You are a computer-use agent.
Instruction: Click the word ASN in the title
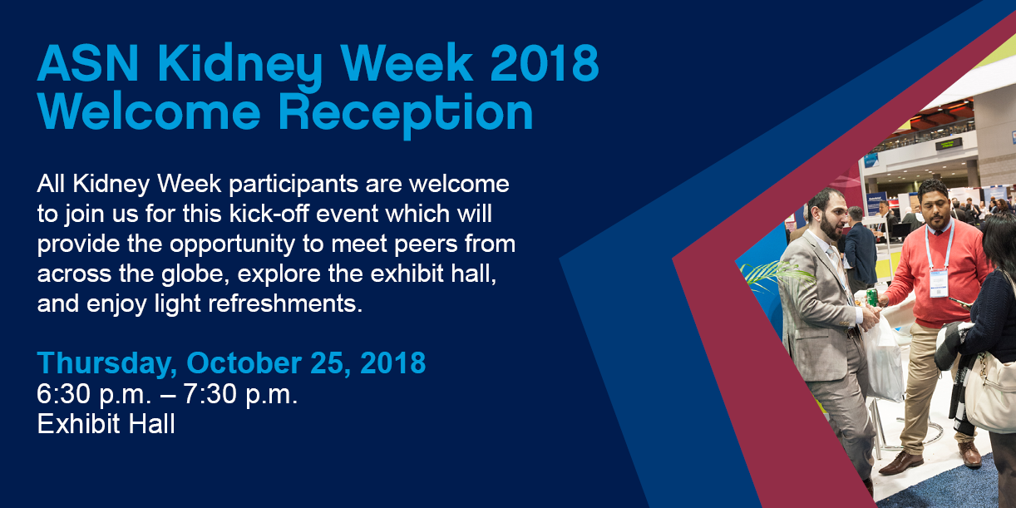[x=88, y=62]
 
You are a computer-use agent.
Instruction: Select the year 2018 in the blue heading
[x=545, y=62]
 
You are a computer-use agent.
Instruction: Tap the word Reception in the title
[x=406, y=114]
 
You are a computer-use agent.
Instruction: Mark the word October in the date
[x=244, y=363]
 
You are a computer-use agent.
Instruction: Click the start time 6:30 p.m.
[x=94, y=394]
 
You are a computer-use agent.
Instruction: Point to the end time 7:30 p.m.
[x=240, y=394]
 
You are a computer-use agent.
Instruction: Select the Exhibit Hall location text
[x=106, y=424]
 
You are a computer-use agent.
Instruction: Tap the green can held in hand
[x=872, y=297]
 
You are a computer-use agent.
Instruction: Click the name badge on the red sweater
[x=938, y=283]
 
